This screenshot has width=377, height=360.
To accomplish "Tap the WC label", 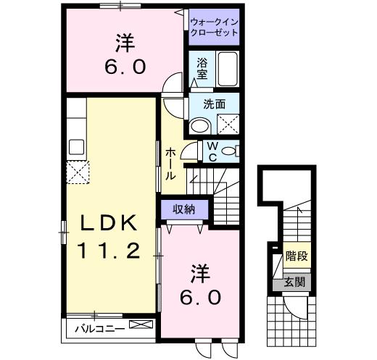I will tap(213, 153).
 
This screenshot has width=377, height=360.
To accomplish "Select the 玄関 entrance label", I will tap(294, 282).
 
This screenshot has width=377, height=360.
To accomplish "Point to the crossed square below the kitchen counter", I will tap(77, 172).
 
